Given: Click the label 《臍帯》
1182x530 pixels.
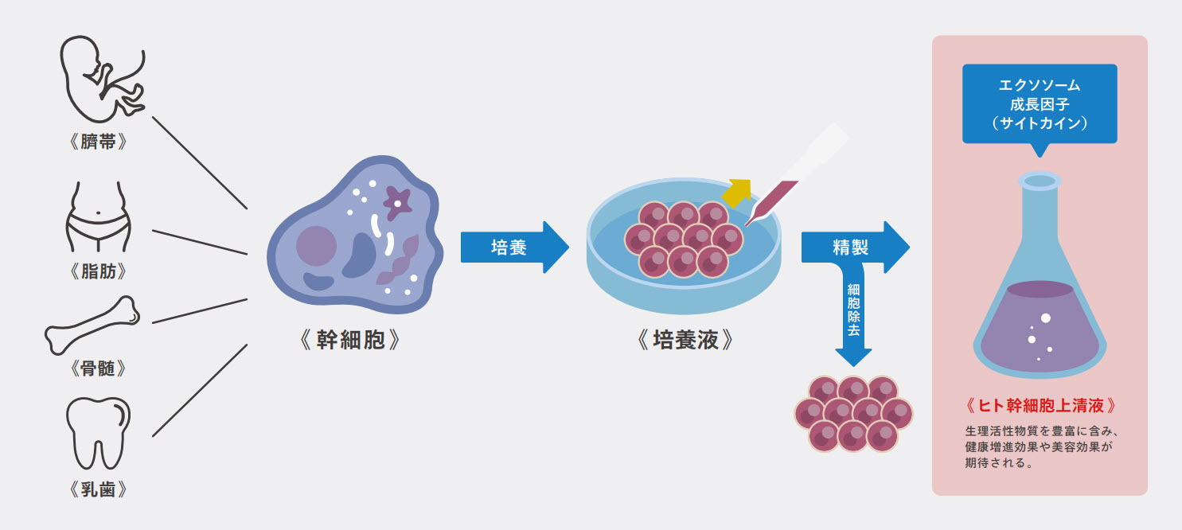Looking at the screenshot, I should click(99, 143).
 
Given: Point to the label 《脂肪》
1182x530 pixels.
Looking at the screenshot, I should click(99, 272).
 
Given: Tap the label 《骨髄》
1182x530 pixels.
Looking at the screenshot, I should click(99, 369).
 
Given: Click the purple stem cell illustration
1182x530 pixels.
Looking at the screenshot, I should click(350, 239).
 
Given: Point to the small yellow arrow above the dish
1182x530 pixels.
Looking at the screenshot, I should click(737, 190).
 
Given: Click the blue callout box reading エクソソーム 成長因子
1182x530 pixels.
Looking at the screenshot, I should click(1039, 103).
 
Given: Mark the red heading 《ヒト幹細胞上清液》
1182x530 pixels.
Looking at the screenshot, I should click(1040, 406).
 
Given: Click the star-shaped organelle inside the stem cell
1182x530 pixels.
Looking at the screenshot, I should click(396, 201).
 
